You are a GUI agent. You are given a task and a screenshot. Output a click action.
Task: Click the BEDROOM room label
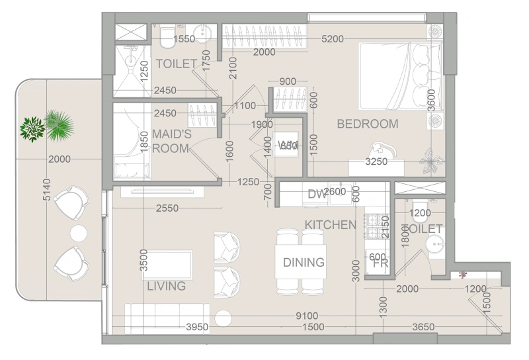(368, 124)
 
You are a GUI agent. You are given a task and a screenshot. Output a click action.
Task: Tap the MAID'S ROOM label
(171, 141)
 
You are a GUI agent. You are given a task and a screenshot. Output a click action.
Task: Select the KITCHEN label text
(330, 225)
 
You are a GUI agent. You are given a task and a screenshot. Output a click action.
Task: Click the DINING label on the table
(304, 262)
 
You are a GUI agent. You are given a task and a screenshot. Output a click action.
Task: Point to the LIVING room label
(166, 287)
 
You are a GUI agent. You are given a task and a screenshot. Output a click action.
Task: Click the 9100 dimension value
(307, 316)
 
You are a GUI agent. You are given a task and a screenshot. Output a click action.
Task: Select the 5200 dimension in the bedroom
(333, 39)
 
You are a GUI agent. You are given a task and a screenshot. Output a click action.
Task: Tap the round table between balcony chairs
(79, 232)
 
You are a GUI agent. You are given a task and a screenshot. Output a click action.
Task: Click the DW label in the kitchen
(316, 194)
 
